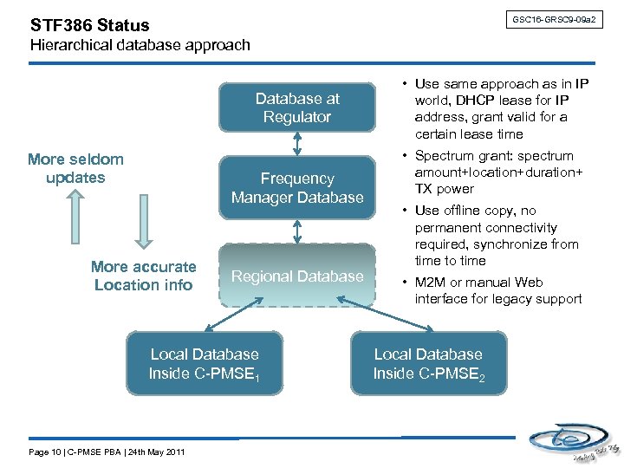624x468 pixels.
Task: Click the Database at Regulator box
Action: pos(297,107)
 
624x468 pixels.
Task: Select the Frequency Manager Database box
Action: pos(297,188)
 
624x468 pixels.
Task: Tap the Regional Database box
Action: pos(297,276)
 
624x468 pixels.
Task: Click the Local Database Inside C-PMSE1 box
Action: pos(205,363)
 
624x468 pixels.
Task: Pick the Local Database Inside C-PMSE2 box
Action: pos(427,363)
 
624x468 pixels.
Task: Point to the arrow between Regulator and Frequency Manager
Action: pos(297,146)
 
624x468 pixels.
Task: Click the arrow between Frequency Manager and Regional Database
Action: pos(297,231)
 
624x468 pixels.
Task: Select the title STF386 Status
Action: pos(89,25)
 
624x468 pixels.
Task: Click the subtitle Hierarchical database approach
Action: pos(140,45)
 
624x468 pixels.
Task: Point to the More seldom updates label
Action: pos(75,168)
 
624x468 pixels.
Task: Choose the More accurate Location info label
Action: pos(143,276)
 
